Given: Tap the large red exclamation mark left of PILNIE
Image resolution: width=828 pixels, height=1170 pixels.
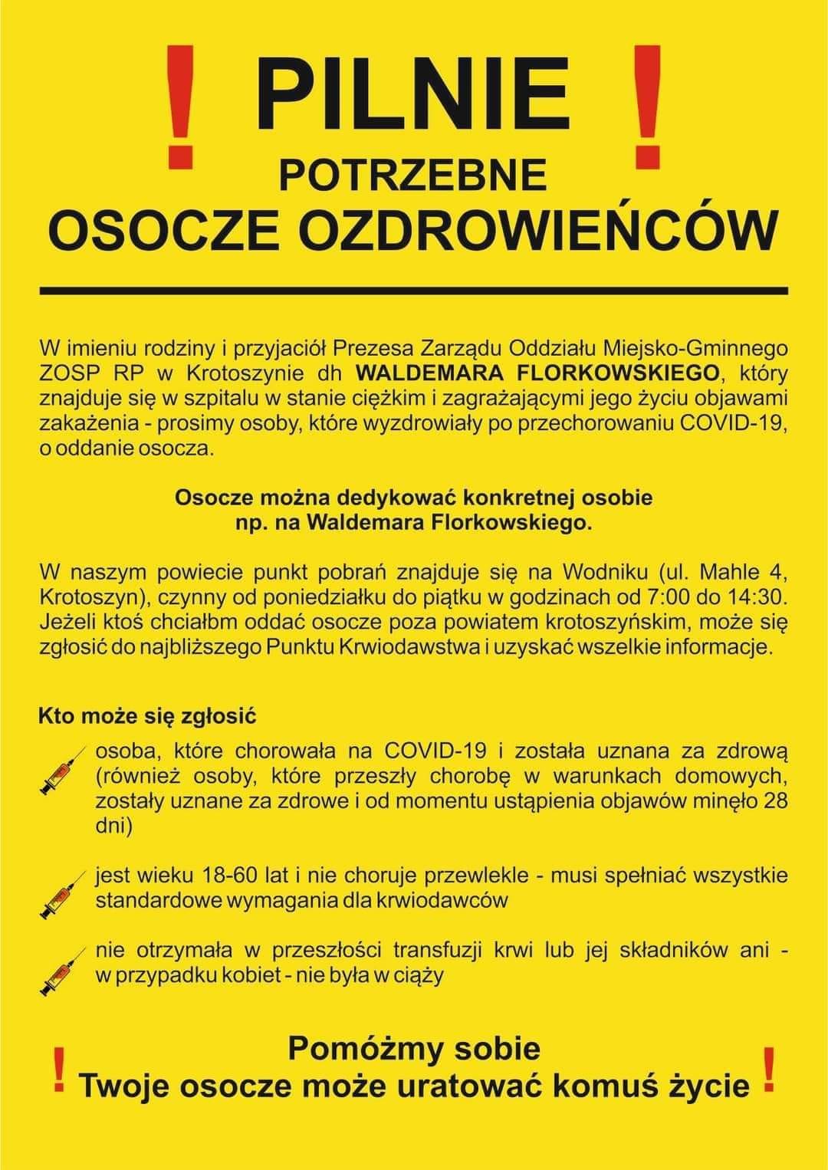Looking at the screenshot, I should pos(180,107).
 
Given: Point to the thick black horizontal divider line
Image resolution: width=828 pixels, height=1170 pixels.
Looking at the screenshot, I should pos(414,291).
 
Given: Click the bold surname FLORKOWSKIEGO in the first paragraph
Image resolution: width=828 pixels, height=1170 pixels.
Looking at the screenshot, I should pos(626,373).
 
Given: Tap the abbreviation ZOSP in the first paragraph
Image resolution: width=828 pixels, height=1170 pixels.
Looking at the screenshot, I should pos(66,373).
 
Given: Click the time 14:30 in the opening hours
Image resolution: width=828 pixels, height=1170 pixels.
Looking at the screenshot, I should pos(760,596).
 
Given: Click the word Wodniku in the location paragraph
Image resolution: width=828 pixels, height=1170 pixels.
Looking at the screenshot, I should pos(606,571).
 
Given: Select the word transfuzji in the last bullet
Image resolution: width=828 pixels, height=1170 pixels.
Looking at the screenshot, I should pos(436,951).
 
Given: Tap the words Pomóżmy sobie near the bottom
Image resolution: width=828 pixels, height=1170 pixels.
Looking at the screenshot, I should pos(414,1049).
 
